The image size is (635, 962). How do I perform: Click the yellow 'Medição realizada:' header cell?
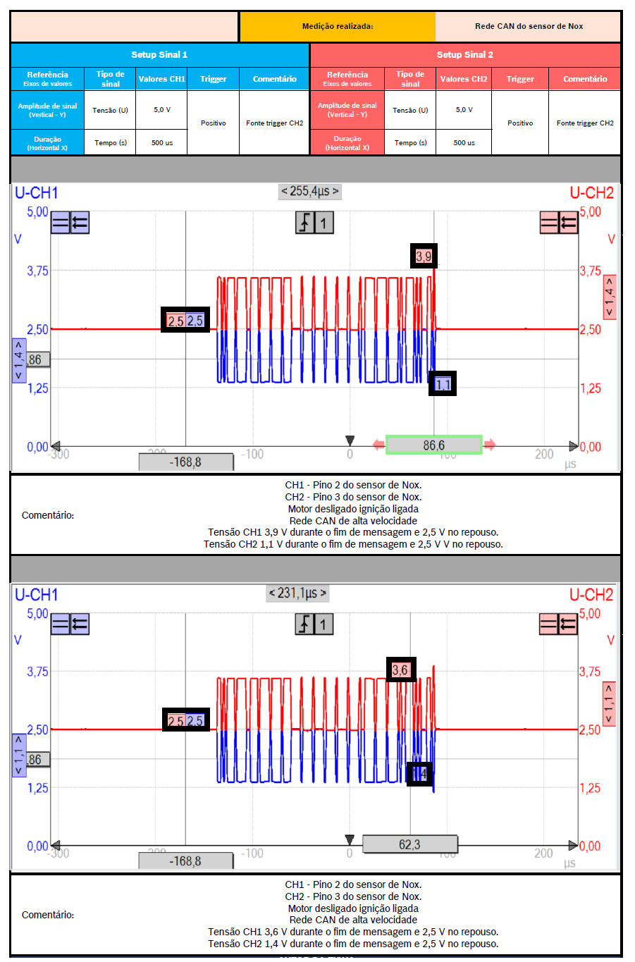pos(337,27)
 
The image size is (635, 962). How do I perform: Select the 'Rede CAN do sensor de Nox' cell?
pos(529,27)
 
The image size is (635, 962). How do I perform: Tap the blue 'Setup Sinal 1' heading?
pos(159,55)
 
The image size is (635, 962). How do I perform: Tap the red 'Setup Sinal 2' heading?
pos(464,55)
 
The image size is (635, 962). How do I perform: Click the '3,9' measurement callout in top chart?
pos(424,256)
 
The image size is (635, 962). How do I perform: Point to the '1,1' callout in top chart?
pos(443,384)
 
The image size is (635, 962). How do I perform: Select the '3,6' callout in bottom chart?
pos(400,670)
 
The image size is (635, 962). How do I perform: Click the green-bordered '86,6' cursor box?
pos(433,445)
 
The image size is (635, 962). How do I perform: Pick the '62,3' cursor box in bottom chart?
pos(409,844)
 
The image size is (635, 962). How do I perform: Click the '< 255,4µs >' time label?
pos(309,191)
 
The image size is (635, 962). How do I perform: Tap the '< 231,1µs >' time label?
pos(297,593)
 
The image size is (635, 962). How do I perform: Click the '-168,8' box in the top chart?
pos(185,462)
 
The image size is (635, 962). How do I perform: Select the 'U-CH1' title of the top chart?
pos(36,193)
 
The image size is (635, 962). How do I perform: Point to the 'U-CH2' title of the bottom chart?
pos(591,595)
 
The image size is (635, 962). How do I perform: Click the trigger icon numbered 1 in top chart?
pos(314,223)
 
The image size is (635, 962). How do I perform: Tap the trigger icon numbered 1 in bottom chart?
pos(314,624)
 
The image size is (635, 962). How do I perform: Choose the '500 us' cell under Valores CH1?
pos(162,142)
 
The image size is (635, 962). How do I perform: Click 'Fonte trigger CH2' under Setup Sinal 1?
pos(274,123)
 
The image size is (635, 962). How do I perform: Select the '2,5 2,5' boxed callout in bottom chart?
pos(185,720)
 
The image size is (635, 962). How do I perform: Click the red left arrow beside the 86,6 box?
pos(378,445)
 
